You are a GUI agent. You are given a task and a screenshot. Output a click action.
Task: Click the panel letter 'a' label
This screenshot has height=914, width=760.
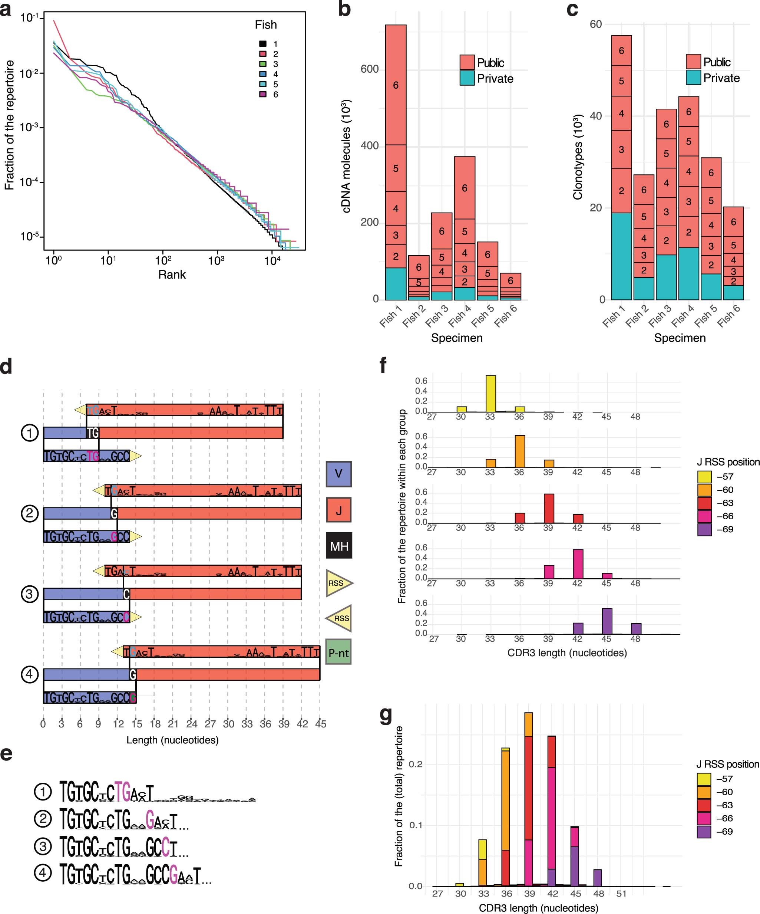(6, 10)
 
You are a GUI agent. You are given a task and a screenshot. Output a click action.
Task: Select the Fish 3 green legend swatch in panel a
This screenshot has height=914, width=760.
(263, 64)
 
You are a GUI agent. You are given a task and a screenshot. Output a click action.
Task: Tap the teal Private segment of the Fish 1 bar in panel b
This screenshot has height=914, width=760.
(396, 283)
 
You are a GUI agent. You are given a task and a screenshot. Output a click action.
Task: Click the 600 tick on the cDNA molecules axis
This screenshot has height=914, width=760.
(369, 69)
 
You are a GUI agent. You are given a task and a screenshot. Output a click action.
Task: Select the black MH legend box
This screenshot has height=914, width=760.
(339, 545)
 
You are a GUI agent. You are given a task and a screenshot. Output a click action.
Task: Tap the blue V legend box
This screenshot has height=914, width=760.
(338, 474)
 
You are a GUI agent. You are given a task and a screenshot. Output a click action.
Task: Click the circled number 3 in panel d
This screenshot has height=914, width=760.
(30, 594)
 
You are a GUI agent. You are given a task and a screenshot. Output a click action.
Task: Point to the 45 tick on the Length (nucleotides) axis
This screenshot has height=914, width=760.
(321, 724)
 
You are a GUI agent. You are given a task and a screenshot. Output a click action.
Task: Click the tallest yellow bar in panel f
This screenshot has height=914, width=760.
(490, 394)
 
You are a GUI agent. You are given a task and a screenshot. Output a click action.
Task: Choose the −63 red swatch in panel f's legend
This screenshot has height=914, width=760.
(704, 503)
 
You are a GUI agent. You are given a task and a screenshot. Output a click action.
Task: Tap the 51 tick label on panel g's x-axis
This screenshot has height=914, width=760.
(621, 894)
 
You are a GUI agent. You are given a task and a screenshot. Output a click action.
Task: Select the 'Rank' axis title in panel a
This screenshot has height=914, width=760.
(172, 274)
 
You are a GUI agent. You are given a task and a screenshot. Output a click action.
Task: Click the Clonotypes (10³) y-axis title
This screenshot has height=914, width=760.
(578, 157)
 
